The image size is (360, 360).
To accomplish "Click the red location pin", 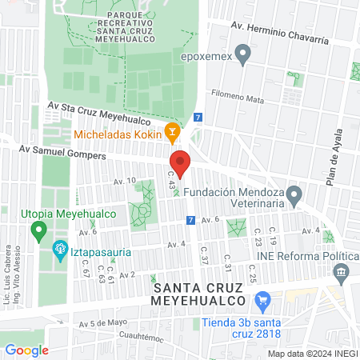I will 180,162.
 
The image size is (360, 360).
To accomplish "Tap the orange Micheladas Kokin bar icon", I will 170,131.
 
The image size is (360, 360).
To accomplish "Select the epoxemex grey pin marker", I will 246,54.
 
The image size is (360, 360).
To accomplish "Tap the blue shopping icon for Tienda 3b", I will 262,302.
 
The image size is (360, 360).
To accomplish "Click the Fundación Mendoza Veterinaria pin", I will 294,194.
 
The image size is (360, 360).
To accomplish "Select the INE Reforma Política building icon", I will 342,274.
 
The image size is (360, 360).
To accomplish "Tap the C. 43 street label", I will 170,180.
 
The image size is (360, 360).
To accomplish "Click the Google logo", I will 26,350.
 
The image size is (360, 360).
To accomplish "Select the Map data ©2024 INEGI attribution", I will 312,354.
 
